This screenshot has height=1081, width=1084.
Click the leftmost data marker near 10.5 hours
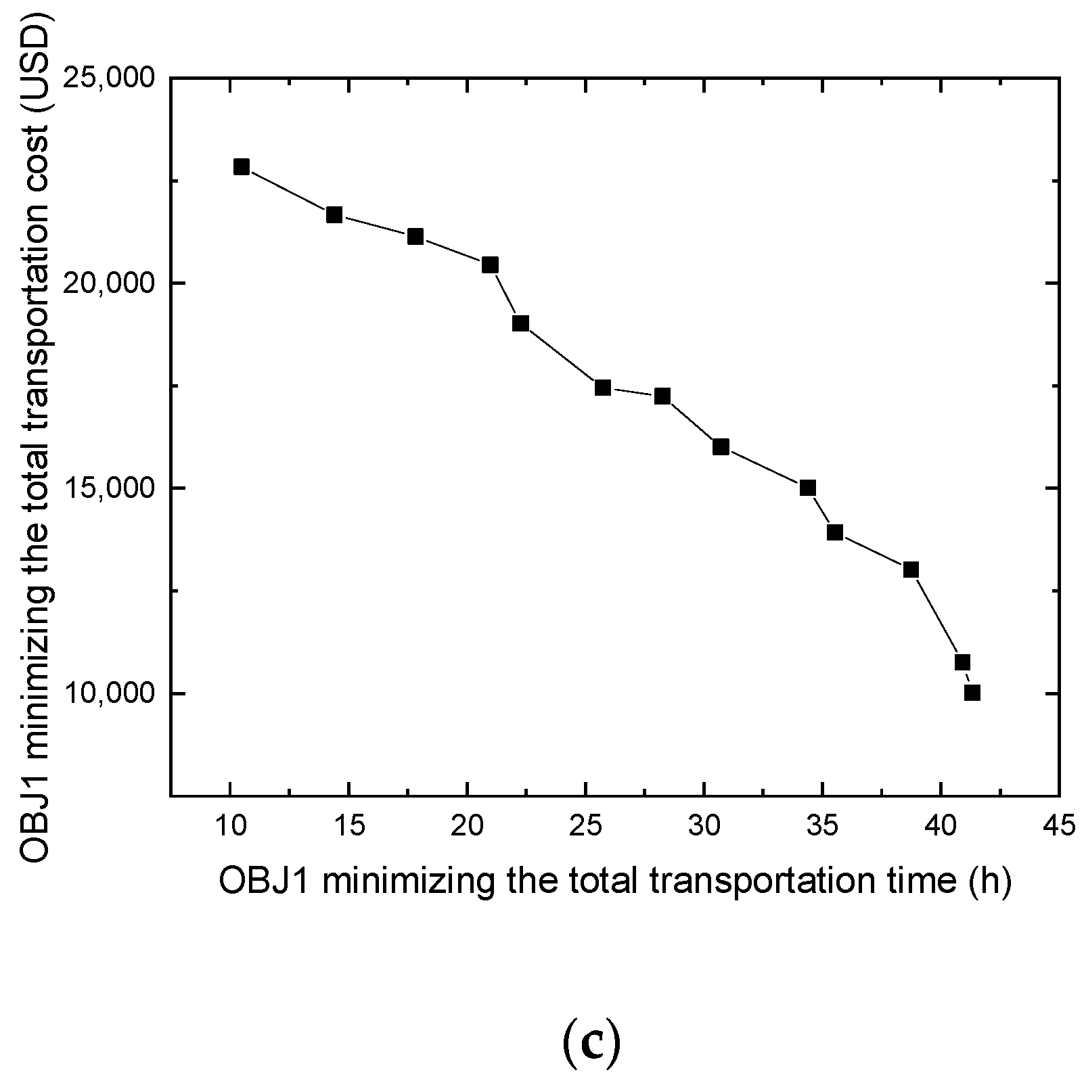click(242, 167)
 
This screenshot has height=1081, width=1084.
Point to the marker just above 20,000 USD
click(490, 265)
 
